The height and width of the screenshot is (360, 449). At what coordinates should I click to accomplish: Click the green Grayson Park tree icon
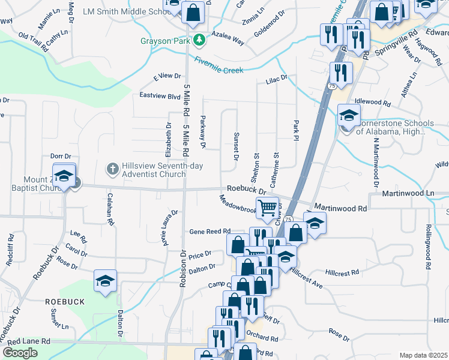pyautogui.click(x=199, y=41)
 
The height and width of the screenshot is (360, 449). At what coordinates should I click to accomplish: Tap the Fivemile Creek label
pyautogui.click(x=218, y=65)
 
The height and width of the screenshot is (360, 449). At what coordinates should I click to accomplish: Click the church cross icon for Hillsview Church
pyautogui.click(x=112, y=169)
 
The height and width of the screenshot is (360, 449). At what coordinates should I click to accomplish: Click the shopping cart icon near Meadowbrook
pyautogui.click(x=268, y=208)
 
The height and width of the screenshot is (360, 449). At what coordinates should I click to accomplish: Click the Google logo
pyautogui.click(x=20, y=353)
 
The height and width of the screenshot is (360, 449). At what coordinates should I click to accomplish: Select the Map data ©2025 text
pyautogui.click(x=423, y=355)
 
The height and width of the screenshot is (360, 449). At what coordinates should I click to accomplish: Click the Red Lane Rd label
pyautogui.click(x=29, y=341)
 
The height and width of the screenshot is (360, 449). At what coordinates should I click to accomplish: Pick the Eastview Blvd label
pyautogui.click(x=160, y=96)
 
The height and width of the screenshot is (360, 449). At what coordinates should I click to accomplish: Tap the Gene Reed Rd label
pyautogui.click(x=210, y=231)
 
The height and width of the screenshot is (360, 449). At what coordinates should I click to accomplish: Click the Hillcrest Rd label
pyautogui.click(x=342, y=272)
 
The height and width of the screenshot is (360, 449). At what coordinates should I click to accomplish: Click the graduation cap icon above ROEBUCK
pyautogui.click(x=105, y=281)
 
